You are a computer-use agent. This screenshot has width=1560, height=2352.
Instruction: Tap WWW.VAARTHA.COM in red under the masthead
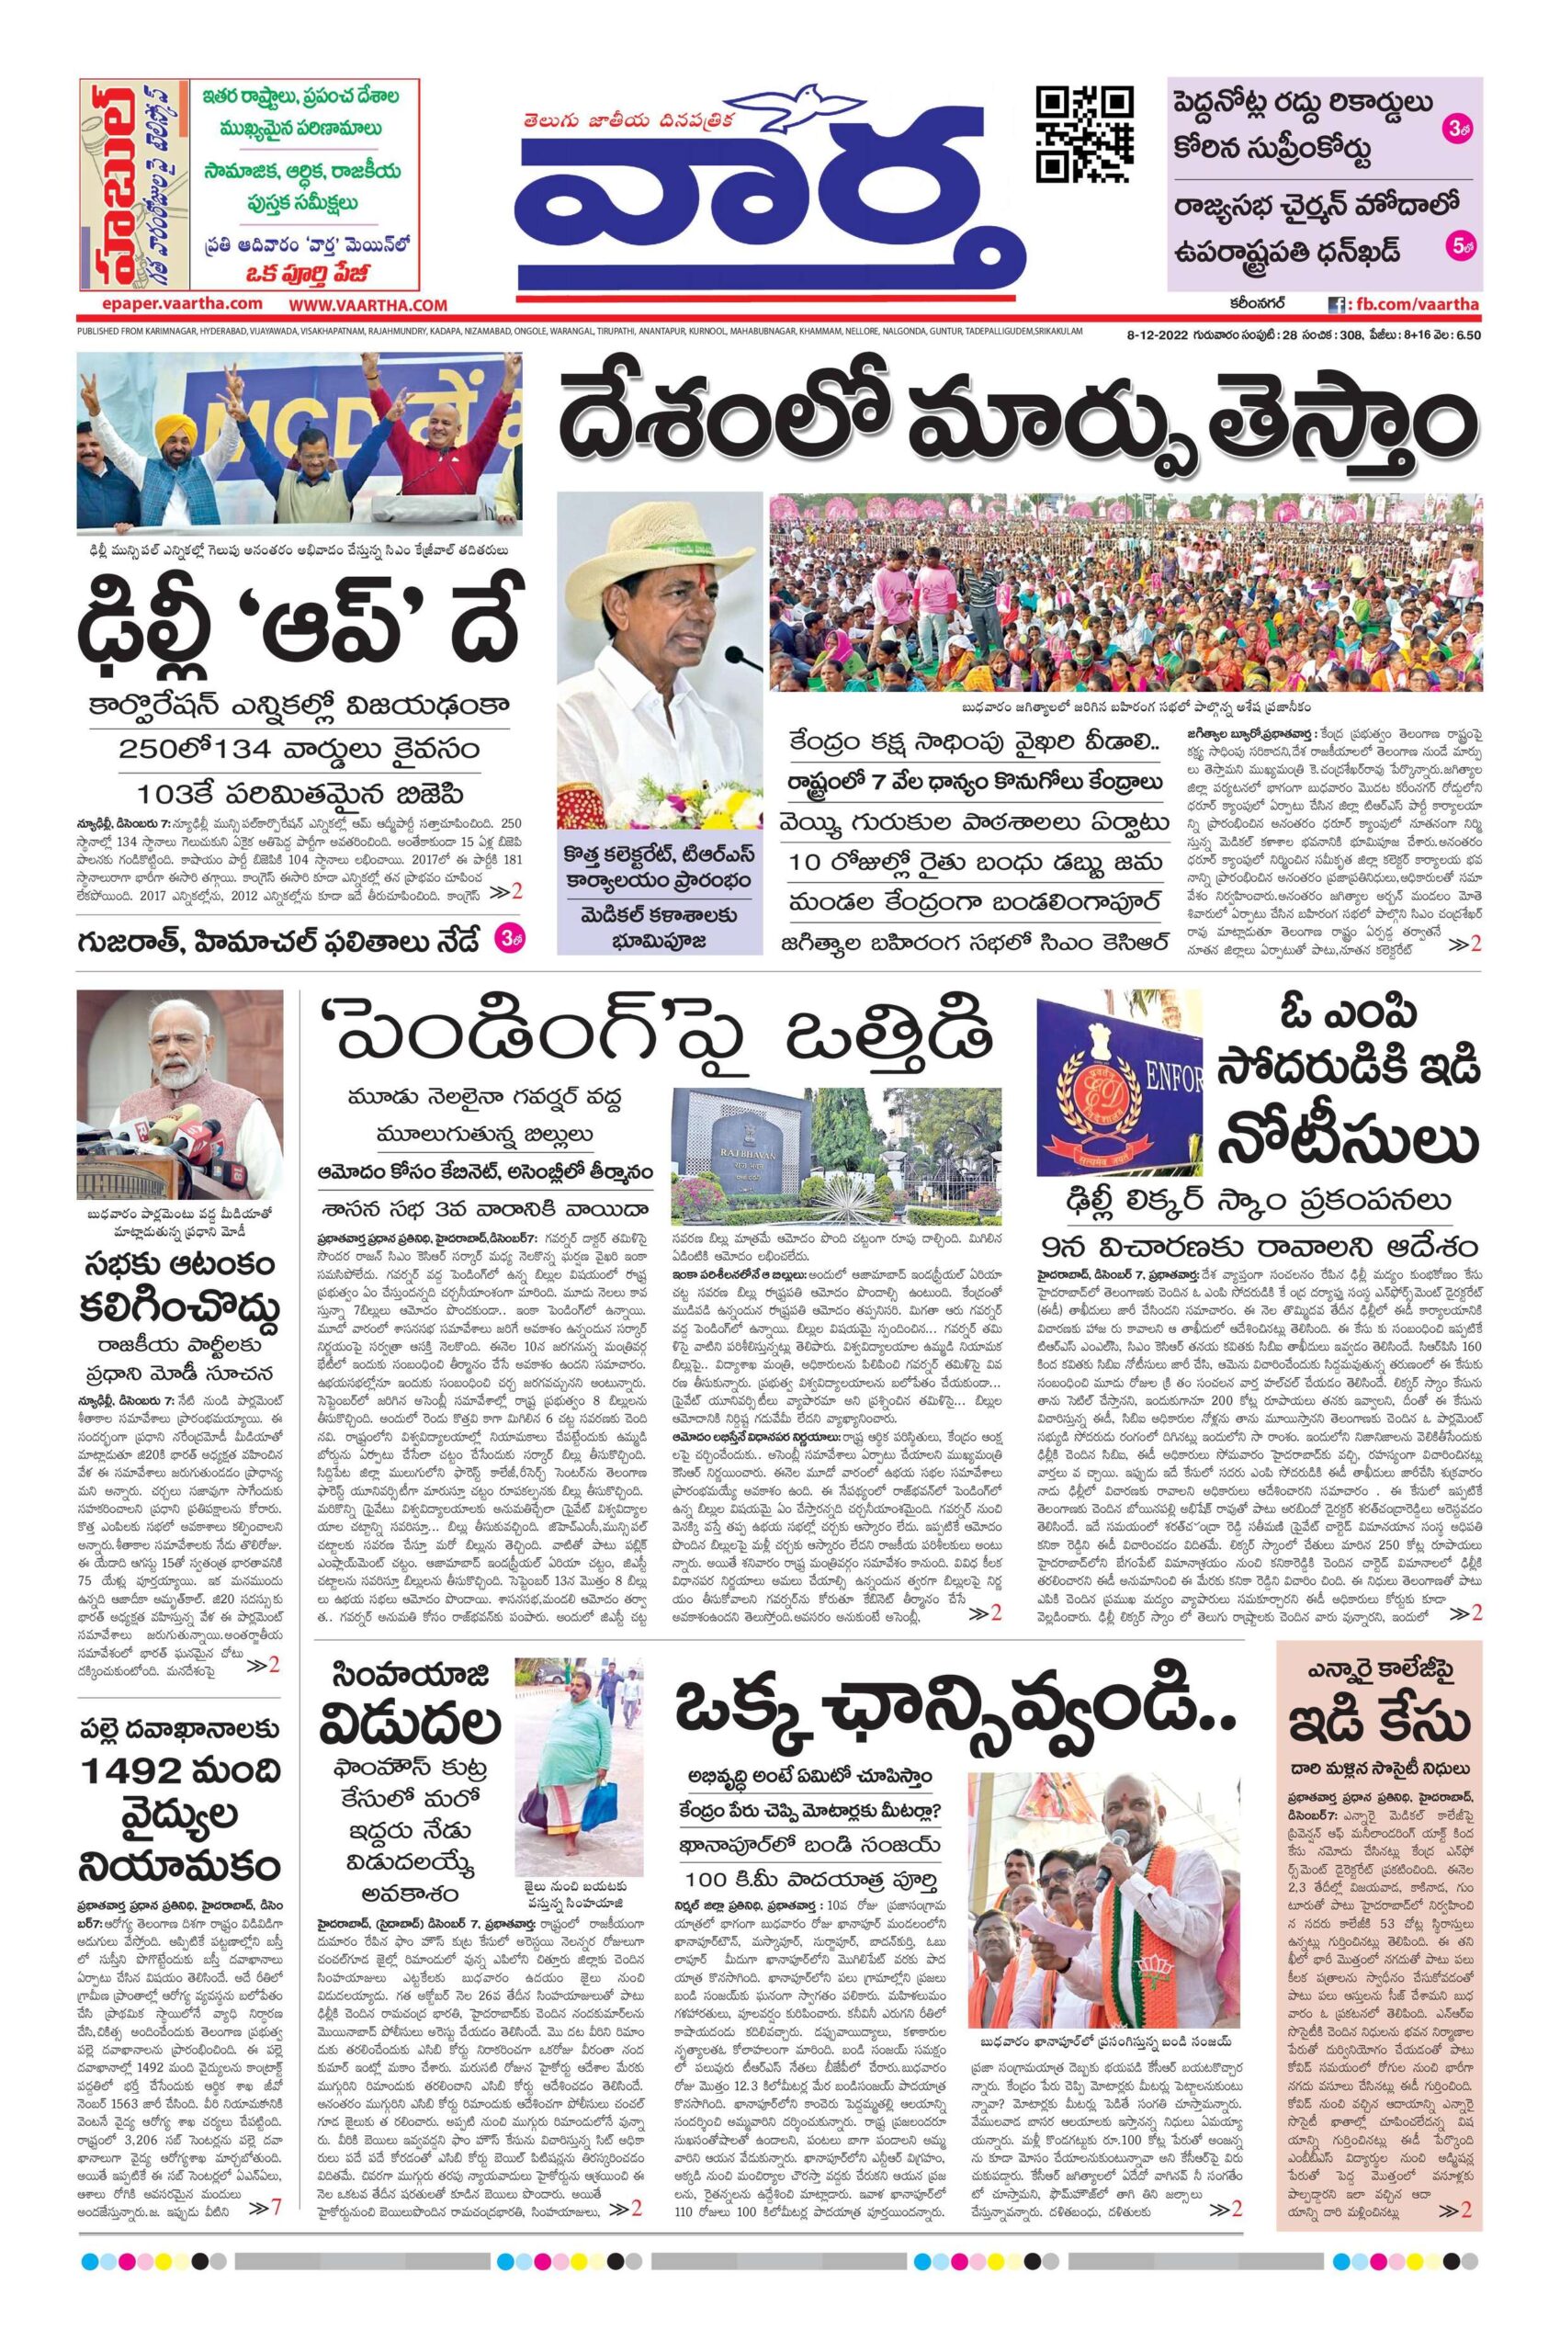[368, 305]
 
